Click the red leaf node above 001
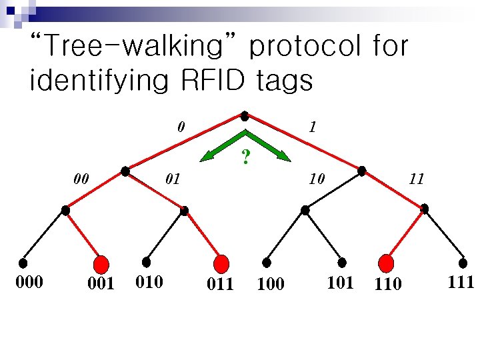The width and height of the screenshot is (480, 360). [101, 264]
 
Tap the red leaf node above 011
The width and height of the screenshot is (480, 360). [222, 263]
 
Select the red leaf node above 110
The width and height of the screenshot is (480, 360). [387, 263]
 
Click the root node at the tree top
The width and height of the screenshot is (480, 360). [245, 115]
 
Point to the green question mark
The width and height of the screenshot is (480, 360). [246, 157]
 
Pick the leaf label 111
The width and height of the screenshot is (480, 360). [461, 282]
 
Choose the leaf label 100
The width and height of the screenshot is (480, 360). [270, 285]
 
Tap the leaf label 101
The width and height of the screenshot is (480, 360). [340, 282]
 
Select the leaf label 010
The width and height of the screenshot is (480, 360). [149, 282]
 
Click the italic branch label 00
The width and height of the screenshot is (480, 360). [81, 179]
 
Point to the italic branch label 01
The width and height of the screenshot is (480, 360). [173, 179]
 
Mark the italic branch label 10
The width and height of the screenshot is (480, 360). [316, 179]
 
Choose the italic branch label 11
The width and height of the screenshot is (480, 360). [417, 179]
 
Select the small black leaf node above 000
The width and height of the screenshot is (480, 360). [23, 262]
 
